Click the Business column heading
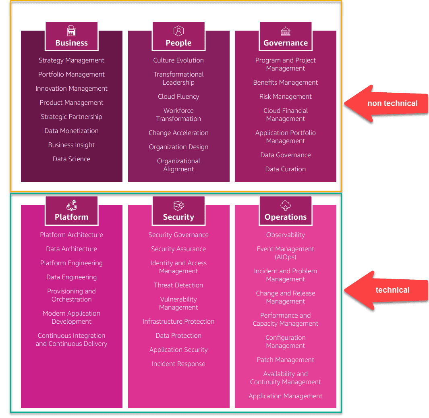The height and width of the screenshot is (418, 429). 72,43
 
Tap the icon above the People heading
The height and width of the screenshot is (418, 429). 178,31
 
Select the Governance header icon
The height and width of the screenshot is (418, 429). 286,31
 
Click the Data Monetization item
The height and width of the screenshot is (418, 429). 72,131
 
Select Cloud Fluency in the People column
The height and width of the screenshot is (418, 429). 178,96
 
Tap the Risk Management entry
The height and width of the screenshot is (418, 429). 286,96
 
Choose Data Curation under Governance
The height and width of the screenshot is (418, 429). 286,169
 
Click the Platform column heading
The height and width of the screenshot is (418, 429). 72,217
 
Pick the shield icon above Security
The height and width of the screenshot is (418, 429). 178,206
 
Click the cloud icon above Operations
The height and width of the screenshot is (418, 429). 286,206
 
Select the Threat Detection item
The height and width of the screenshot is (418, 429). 178,285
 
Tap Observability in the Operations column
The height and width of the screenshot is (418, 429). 286,235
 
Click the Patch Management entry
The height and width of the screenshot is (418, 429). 286,360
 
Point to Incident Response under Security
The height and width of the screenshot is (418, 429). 178,364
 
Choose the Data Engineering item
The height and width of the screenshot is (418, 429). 72,277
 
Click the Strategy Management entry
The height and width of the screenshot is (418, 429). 72,60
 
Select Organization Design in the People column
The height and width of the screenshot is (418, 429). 178,147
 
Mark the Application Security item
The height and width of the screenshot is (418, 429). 178,349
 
